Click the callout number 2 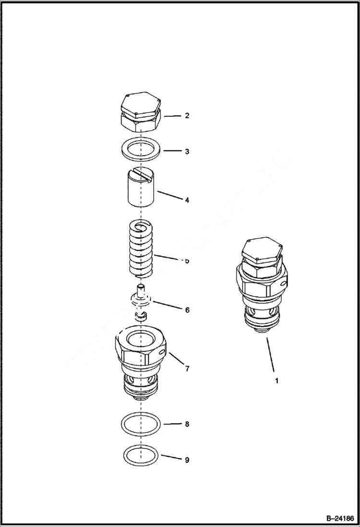click(x=187, y=116)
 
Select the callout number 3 click(x=187, y=151)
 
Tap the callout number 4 click(x=187, y=199)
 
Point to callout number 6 click(x=187, y=310)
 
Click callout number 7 click(x=187, y=368)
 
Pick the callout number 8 click(x=187, y=424)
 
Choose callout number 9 click(x=187, y=460)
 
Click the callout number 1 click(x=276, y=381)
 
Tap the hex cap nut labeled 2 click(x=140, y=114)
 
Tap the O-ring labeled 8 click(x=140, y=424)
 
